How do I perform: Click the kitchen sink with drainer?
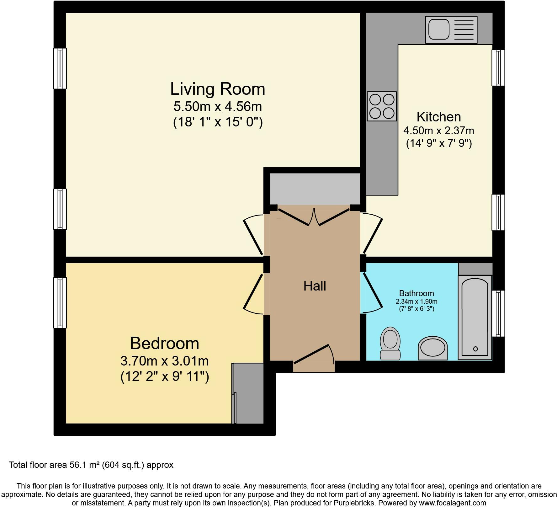point(451,30)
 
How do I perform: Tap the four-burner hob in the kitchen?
point(382,106)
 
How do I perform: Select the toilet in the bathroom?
point(390,343)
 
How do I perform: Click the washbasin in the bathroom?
point(432,348)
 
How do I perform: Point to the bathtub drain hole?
point(475,349)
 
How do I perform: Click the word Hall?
point(315,286)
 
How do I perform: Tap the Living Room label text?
point(217,89)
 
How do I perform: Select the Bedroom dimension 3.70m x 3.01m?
point(164,361)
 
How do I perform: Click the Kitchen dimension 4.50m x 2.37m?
point(438,130)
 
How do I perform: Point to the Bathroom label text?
point(416,293)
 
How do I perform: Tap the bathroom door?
point(372,293)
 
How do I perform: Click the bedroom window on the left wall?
point(60,302)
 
